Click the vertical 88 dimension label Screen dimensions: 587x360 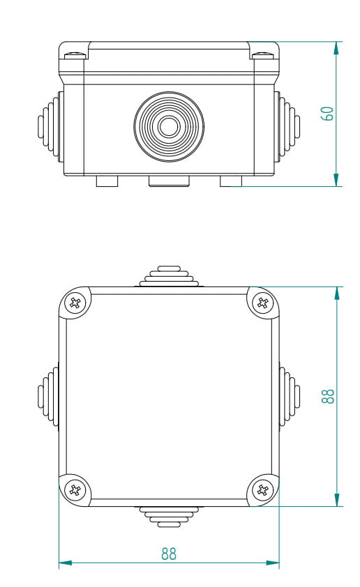tap(328, 396)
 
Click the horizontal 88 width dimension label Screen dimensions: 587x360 tap(168, 554)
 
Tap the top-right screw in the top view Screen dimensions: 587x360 tap(262, 303)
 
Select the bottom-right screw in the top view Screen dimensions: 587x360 tap(262, 489)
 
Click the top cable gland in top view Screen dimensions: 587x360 tap(168, 276)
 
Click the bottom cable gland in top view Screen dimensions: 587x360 tap(168, 516)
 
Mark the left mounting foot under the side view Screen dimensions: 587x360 tap(107, 181)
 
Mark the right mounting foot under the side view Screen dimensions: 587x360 tap(231, 181)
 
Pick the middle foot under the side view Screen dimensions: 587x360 tap(169, 181)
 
